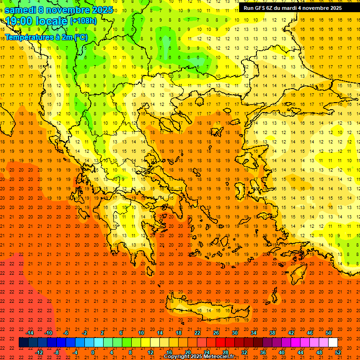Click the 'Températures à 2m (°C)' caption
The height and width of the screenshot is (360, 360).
pyautogui.click(x=46, y=37)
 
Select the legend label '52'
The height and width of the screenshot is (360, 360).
pyautogui.click(x=338, y=352)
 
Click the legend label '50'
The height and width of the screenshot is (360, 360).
pyautogui.click(x=329, y=333)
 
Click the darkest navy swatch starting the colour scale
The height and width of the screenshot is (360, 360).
pyautogui.click(x=23, y=343)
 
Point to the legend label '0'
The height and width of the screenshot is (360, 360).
pyautogui.click(x=93, y=352)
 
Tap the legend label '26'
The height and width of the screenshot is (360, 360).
pyautogui.click(x=216, y=333)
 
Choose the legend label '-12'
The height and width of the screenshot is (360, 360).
pyautogui.click(x=39, y=352)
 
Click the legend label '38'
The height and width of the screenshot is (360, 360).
pyautogui.click(x=272, y=333)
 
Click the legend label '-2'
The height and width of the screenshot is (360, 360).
pyautogui.click(x=84, y=333)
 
